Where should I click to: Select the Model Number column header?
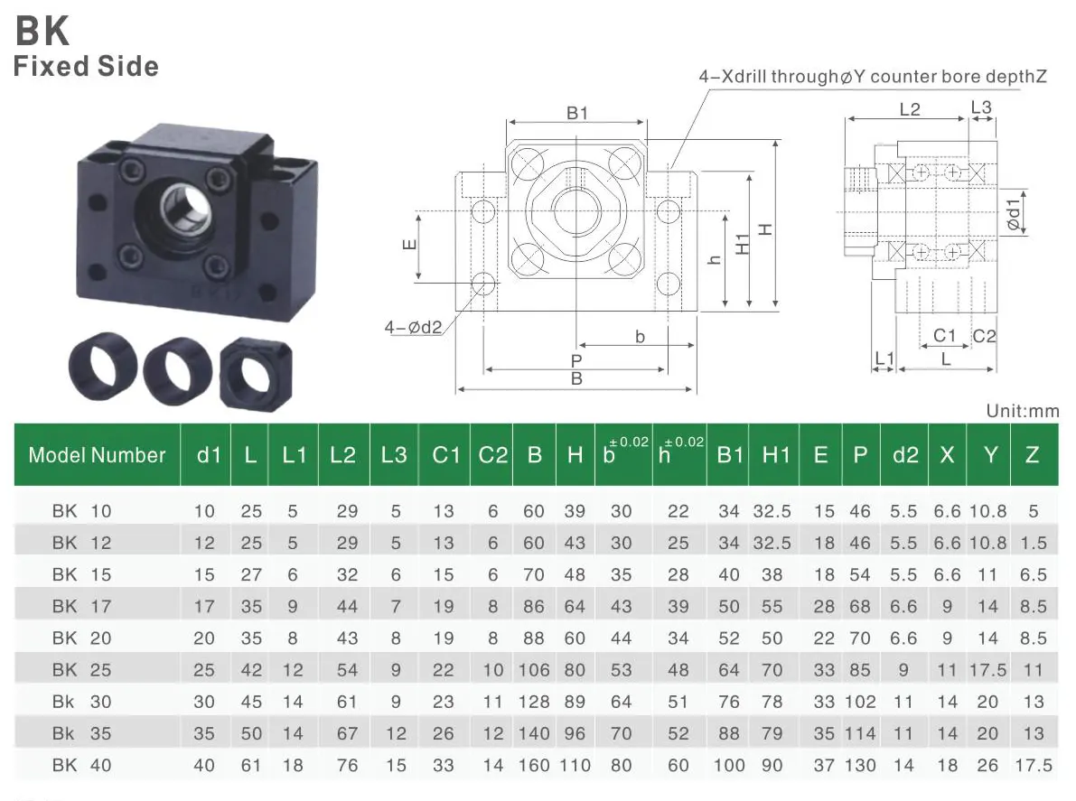97,455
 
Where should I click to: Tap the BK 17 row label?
81,607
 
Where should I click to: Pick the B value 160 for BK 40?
534,766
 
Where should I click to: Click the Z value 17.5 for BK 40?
1034,766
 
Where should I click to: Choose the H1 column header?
775,455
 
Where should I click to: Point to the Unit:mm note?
1022,411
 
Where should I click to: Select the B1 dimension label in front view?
577,114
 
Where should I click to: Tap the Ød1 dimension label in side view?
1014,210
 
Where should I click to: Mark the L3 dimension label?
981,107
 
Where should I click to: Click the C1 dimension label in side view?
944,336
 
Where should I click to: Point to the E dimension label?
408,246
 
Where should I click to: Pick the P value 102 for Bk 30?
860,702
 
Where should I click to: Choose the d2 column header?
904,455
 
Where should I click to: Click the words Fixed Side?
86,67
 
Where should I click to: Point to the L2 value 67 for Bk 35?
347,733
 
